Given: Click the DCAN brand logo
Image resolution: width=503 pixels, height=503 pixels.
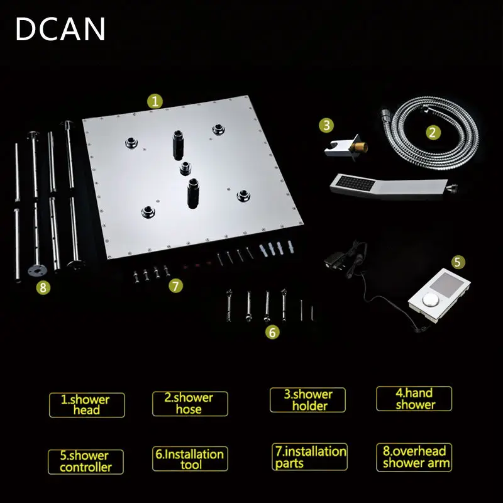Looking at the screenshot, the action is (60, 29).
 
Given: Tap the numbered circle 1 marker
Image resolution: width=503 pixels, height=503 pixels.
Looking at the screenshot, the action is (155, 101).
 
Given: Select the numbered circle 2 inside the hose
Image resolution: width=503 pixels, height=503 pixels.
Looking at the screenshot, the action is (433, 132).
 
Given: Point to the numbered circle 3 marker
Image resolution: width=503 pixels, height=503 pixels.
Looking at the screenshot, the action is (326, 124).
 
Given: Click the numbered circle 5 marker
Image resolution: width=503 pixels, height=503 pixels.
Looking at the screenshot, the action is (458, 262).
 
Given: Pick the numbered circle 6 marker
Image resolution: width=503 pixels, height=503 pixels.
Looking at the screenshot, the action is (272, 332).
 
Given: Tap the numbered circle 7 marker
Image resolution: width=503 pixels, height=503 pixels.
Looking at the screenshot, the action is (176, 285).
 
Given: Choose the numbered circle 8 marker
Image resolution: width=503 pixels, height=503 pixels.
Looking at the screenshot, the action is (43, 287).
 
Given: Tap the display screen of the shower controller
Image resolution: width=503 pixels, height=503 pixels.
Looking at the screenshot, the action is (446, 284).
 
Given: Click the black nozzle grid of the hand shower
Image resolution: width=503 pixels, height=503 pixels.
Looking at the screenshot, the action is (355, 184).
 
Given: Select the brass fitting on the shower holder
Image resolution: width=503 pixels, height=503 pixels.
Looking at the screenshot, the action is (359, 148).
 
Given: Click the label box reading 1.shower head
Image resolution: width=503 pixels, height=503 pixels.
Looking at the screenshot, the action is (87, 405).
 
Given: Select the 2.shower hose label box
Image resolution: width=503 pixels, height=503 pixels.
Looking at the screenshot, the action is (190, 404).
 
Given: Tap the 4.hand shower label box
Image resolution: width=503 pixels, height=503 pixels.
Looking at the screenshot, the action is (414, 399).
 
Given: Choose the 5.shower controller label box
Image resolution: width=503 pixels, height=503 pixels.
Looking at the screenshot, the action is (86, 462).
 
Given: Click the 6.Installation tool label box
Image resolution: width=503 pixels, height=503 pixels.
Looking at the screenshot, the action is (190, 459).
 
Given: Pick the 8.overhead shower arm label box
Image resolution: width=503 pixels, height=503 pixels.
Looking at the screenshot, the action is (414, 458).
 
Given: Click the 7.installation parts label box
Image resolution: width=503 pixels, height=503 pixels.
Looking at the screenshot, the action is (309, 457).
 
